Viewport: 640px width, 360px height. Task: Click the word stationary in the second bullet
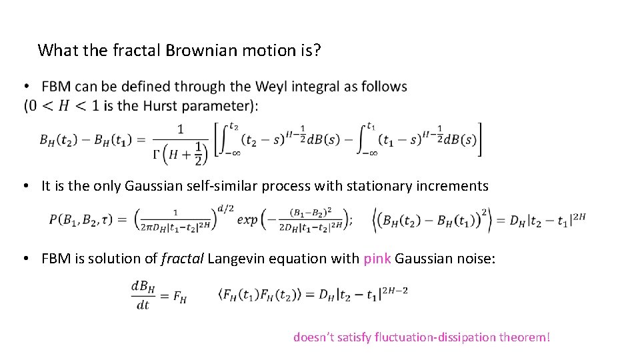pyautogui.click(x=341, y=186)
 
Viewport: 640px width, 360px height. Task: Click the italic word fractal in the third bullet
pyautogui.click(x=182, y=259)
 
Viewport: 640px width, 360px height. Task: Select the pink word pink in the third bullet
pyautogui.click(x=377, y=259)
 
